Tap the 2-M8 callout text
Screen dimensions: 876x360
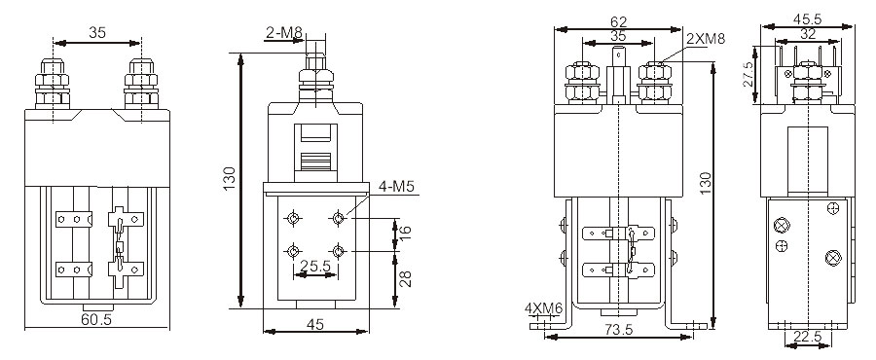pos(283,33)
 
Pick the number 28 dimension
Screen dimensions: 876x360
pos(406,279)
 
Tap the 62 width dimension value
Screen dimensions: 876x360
pos(618,22)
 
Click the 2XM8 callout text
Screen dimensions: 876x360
pos(706,39)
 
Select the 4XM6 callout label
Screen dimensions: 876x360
pos(543,308)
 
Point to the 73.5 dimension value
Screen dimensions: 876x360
pos(618,330)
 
